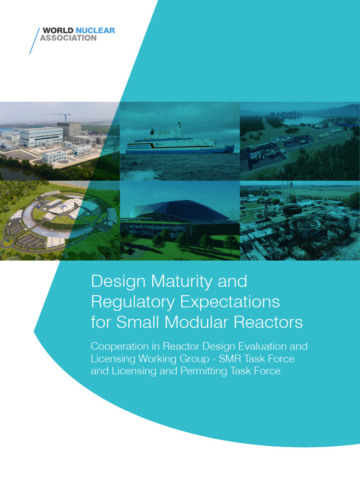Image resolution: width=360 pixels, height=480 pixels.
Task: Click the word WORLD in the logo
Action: coord(55,31)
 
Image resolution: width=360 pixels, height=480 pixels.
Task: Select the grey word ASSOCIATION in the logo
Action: coord(68,38)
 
